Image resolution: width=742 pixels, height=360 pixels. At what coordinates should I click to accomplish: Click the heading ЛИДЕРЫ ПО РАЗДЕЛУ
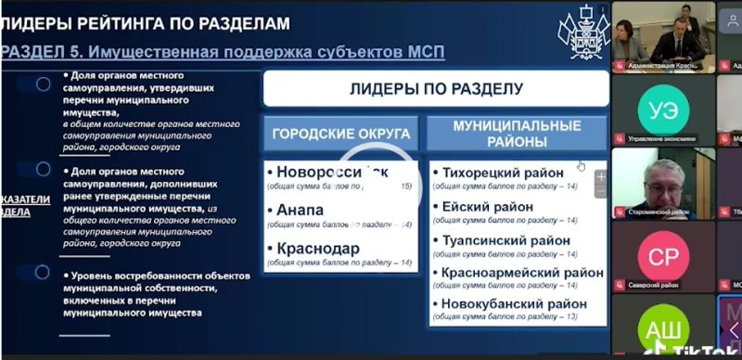[x=436, y=90]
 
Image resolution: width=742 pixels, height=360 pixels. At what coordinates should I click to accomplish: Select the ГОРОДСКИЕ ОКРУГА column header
[x=340, y=134]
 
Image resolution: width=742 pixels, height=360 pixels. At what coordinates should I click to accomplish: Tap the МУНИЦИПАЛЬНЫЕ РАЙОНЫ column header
[x=517, y=134]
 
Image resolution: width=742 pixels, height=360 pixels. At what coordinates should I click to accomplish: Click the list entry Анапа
[x=295, y=211]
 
